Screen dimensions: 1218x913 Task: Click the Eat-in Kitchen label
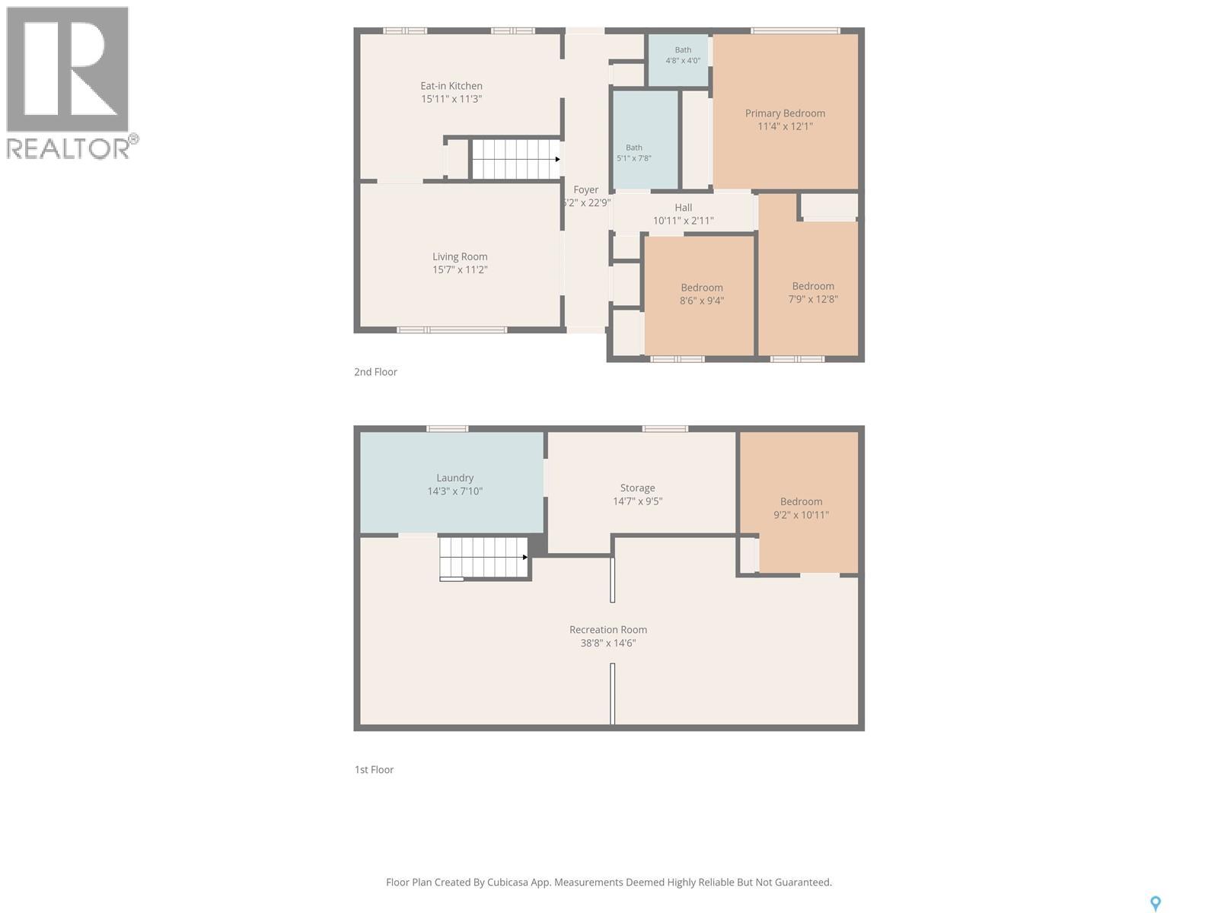[451, 86]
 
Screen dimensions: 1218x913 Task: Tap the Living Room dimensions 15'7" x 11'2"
[460, 270]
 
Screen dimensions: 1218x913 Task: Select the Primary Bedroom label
[785, 113]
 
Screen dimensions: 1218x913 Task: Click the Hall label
[683, 207]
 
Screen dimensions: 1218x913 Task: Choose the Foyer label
[586, 190]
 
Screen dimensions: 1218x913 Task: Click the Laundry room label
[454, 479]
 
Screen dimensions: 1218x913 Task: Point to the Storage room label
[637, 488]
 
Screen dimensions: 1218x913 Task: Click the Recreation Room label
[608, 630]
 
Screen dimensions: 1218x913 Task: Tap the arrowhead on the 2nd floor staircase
[557, 160]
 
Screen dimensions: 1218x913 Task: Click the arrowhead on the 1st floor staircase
[525, 557]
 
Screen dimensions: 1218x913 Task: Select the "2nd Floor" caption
[375, 372]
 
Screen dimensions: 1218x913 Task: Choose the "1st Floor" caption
[374, 769]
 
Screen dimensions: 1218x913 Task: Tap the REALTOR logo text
[69, 148]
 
